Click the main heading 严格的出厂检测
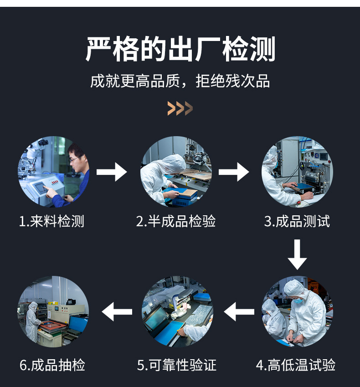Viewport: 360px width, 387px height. click(x=180, y=49)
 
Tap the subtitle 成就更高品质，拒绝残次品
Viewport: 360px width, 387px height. click(x=180, y=81)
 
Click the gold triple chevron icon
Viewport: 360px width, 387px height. click(x=180, y=108)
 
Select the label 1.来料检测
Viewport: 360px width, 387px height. click(x=51, y=221)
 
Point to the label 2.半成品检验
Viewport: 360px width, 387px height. click(x=176, y=221)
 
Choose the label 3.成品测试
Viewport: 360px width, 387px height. click(x=297, y=221)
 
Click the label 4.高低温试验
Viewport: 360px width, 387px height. click(x=295, y=365)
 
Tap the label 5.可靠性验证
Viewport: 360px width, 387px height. click(x=177, y=365)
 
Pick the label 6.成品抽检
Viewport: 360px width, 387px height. click(x=52, y=365)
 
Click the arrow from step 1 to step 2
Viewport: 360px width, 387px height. click(x=112, y=172)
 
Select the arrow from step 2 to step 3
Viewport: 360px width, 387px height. click(x=234, y=172)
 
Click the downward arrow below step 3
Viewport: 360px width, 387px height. click(x=297, y=255)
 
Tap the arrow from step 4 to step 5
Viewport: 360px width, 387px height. click(x=239, y=312)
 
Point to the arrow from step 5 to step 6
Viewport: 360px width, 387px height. click(x=117, y=312)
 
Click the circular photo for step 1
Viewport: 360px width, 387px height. click(x=54, y=172)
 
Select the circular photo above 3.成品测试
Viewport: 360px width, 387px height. click(x=297, y=172)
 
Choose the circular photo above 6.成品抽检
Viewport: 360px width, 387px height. click(x=53, y=312)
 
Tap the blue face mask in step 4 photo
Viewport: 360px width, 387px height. click(x=298, y=300)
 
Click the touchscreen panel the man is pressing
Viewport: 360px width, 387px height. click(x=40, y=188)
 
